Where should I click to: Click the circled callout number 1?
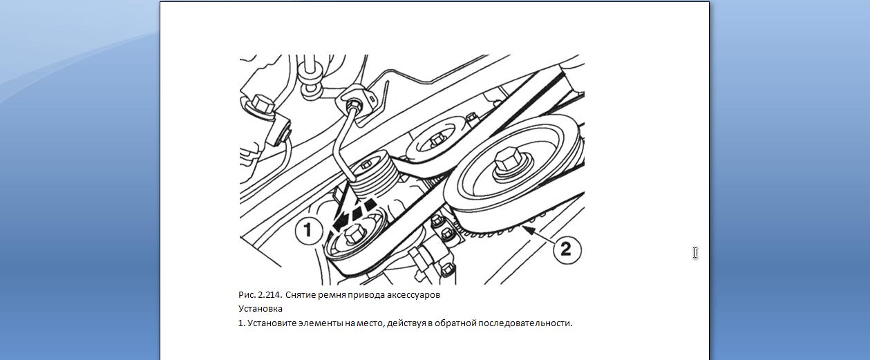tap(309, 231)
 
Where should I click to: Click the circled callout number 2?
tap(567, 249)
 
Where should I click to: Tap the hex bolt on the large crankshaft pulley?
tap(509, 160)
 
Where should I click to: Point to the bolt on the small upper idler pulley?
tap(436, 139)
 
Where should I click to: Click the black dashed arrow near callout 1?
tap(354, 215)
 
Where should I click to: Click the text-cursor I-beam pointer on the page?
tap(695, 253)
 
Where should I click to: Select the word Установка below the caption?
tap(261, 309)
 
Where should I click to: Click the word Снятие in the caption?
tap(300, 295)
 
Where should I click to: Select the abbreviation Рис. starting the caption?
tap(246, 295)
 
